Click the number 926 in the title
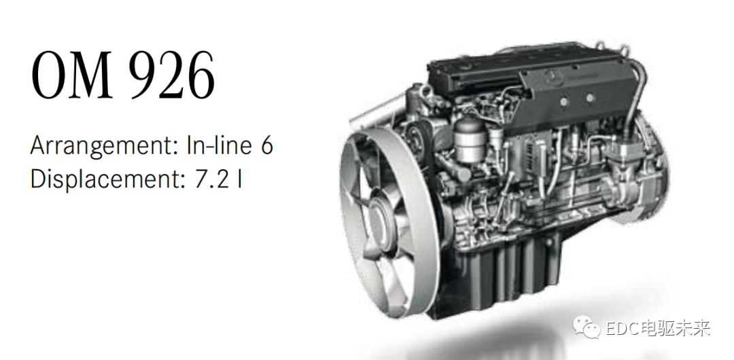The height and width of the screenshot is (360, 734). click(x=172, y=75)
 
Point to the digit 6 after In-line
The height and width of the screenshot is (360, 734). click(x=266, y=145)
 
